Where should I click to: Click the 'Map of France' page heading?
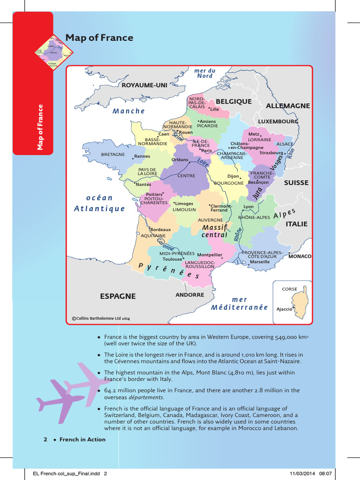point(99,38)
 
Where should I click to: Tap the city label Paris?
point(207,151)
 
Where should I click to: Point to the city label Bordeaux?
point(161,230)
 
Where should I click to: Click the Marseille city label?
point(260,262)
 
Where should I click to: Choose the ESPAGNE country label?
point(118,296)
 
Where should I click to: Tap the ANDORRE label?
point(190,295)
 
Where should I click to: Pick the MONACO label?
point(300,257)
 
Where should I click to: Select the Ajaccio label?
point(284,309)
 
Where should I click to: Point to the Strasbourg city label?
point(271,153)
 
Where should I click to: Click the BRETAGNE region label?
point(113,154)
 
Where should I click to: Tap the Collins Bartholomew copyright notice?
point(101,318)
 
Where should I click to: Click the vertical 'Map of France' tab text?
point(40,127)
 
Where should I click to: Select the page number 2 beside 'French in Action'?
point(45,440)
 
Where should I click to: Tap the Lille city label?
point(215,109)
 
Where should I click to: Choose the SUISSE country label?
point(296,183)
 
